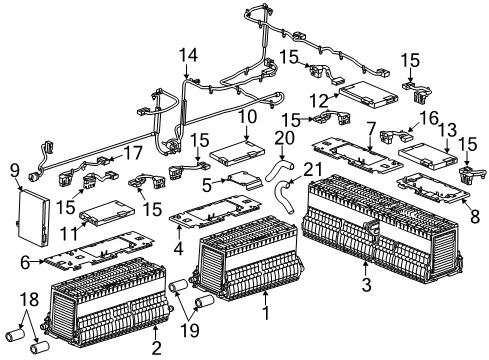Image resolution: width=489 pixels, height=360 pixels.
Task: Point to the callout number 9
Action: tap(14, 169)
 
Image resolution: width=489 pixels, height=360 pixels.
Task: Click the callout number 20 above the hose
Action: tap(286, 137)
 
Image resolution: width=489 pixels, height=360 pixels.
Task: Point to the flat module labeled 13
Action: tap(427, 150)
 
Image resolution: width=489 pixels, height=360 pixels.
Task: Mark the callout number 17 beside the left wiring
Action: tap(132, 153)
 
